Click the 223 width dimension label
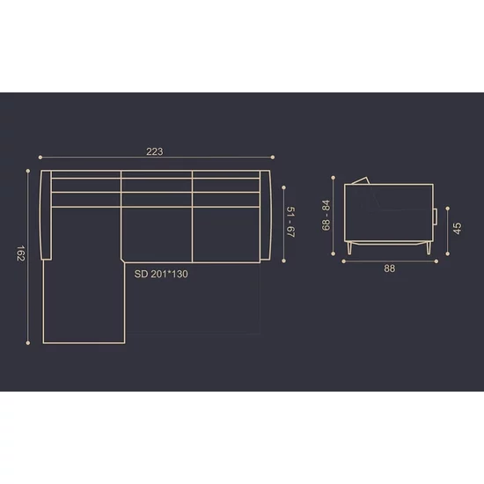point(154,151)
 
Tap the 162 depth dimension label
point(20,253)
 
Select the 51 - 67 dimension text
point(291,223)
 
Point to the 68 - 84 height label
point(326,216)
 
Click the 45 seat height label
point(457,229)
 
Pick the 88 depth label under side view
point(390,268)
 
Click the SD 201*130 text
point(161,274)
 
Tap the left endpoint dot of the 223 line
point(40,158)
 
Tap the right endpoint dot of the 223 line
point(273,158)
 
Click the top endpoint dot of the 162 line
point(28,171)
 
